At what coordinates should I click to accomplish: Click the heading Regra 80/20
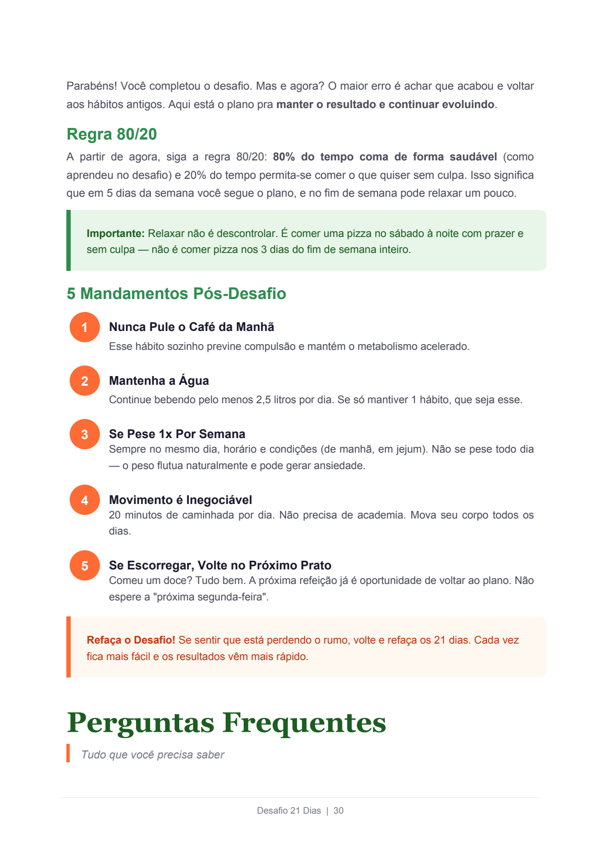111,134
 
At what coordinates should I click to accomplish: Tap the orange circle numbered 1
85,327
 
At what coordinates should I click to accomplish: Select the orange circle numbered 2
85,381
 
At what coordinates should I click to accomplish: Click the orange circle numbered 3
85,434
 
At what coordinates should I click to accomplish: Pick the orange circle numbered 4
85,500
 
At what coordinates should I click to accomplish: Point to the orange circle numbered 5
85,566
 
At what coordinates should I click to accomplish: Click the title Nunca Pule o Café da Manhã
191,327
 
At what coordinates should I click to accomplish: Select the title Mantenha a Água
159,381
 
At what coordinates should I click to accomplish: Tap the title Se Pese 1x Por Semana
177,434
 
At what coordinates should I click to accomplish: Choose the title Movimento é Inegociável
180,500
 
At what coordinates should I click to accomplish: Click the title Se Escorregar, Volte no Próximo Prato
220,566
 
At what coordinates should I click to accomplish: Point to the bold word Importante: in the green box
115,234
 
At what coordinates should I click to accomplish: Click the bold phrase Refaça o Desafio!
131,640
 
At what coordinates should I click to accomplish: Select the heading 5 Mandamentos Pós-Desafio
176,294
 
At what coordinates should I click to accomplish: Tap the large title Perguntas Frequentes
226,723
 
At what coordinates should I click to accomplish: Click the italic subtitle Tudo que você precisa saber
153,755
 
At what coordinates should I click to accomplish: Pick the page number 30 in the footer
339,811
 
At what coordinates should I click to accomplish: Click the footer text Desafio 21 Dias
289,811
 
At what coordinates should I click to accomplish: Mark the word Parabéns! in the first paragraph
91,86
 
